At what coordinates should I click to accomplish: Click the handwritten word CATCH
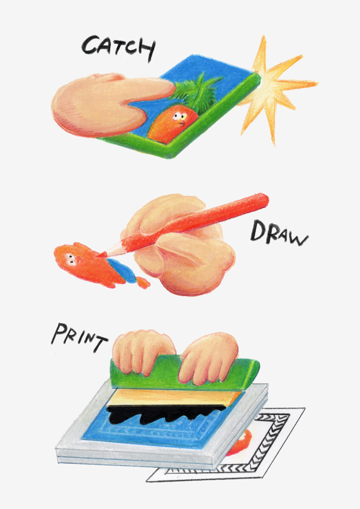pyautogui.click(x=119, y=48)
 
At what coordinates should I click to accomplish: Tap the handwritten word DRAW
pyautogui.click(x=279, y=234)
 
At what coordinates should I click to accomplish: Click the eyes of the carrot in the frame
pyautogui.click(x=180, y=117)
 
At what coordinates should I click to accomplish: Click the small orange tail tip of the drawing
pyautogui.click(x=143, y=282)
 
